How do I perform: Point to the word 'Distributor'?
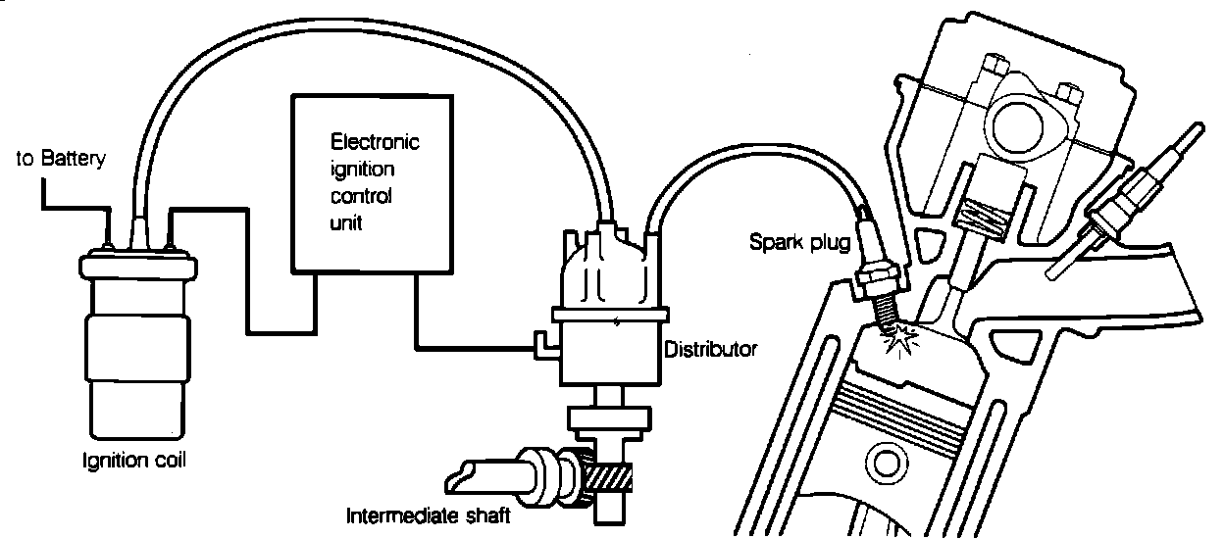tap(711, 349)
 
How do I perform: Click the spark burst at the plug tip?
tap(899, 340)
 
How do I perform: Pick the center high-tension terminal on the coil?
tap(136, 232)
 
